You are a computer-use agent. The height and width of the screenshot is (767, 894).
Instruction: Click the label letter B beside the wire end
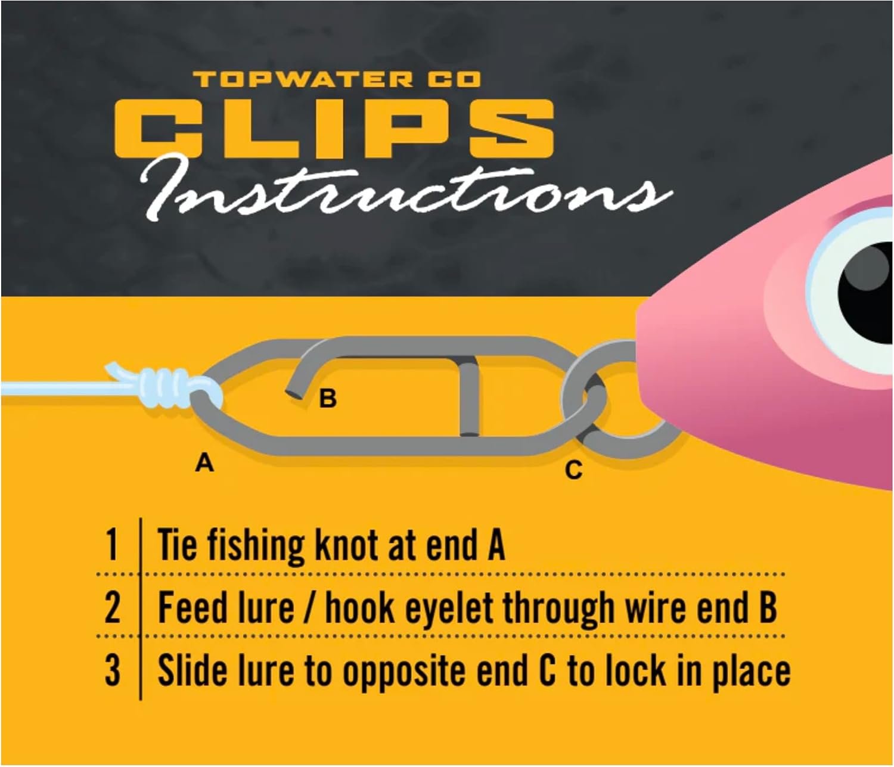(327, 399)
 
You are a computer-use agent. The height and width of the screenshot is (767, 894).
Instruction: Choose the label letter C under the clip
(573, 471)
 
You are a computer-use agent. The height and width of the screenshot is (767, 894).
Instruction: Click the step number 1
(111, 544)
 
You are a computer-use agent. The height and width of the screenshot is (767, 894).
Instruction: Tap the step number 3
(113, 670)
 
